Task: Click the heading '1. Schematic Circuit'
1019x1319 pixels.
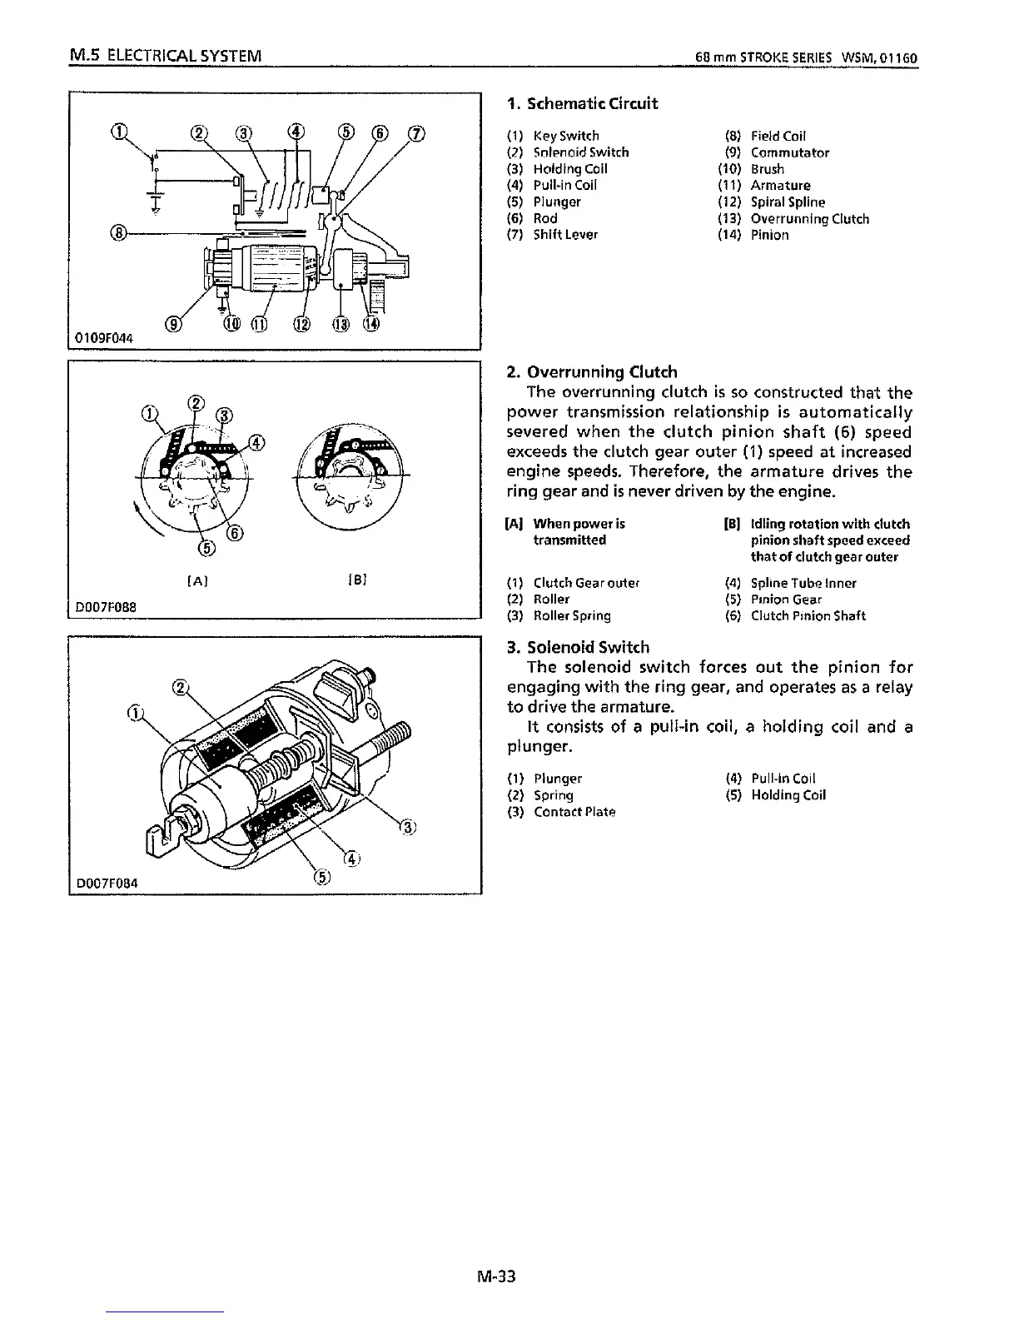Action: coord(582,104)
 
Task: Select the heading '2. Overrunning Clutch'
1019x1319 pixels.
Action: coord(592,372)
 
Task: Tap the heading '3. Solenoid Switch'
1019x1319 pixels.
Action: coord(579,647)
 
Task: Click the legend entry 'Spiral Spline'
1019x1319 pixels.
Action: coord(788,202)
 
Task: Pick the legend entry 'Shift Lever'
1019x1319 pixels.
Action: coord(565,235)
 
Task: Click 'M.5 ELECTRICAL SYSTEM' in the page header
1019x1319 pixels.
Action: coord(167,57)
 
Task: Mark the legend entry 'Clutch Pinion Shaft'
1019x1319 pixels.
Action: coord(808,616)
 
